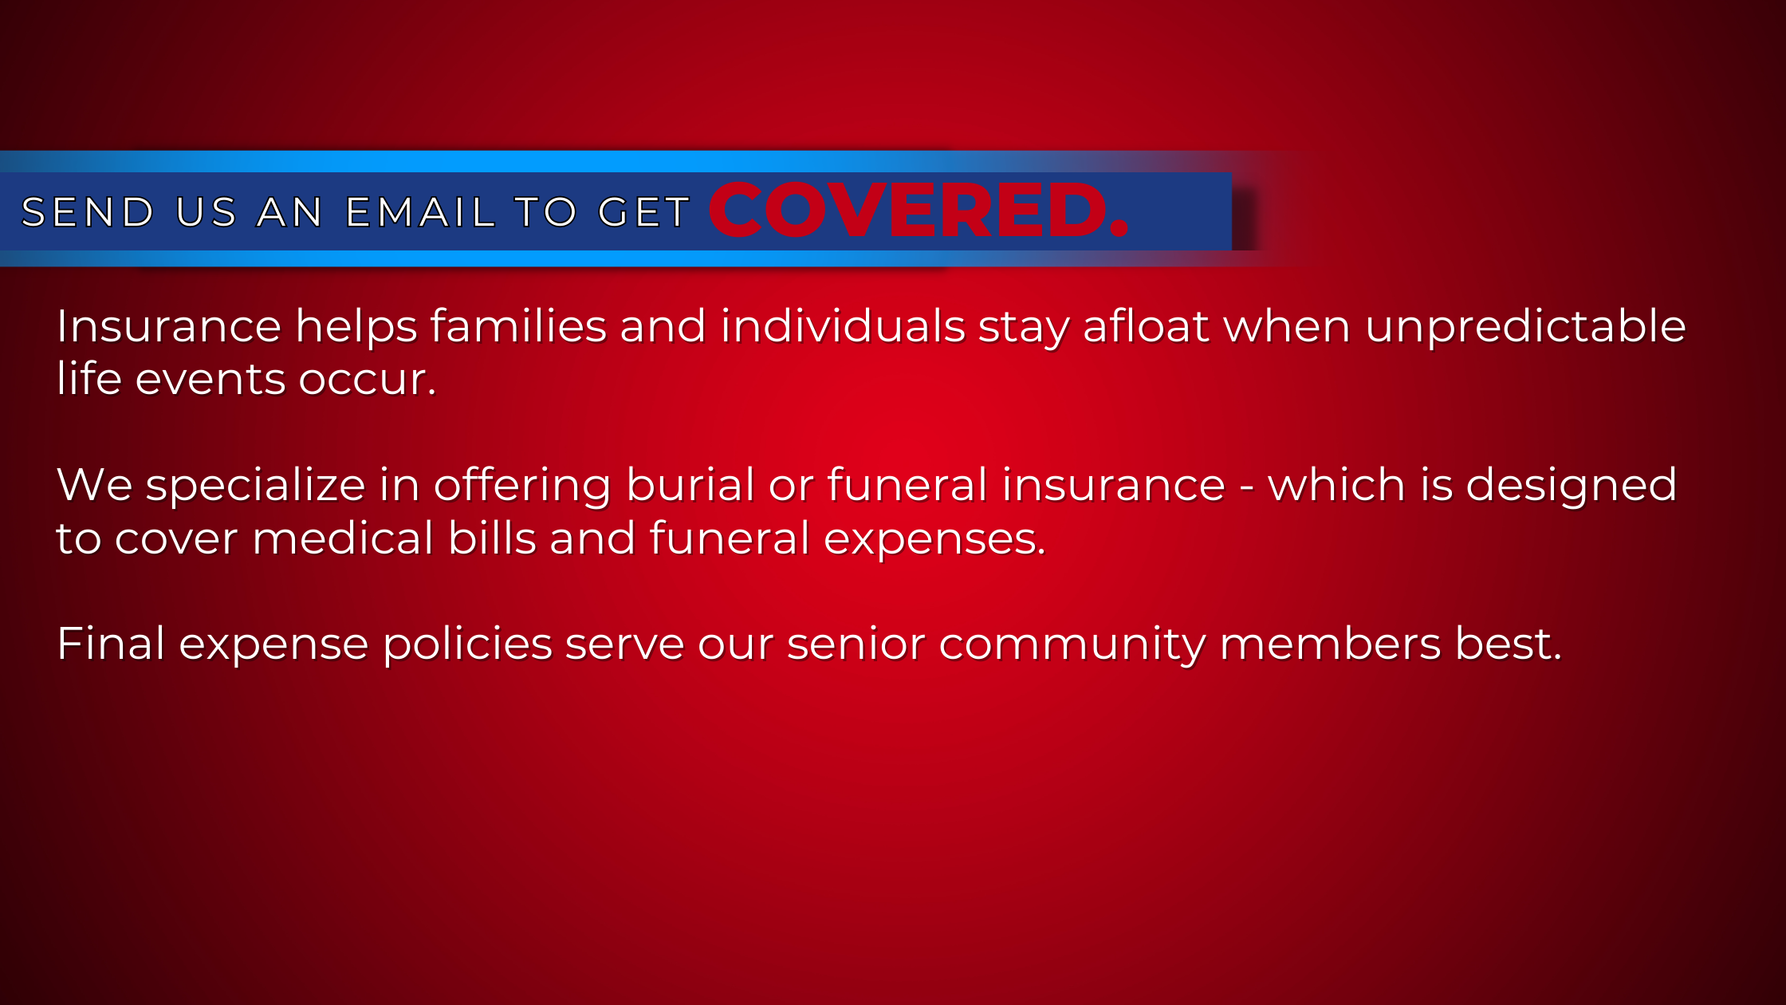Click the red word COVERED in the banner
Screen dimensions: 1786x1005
[908, 210]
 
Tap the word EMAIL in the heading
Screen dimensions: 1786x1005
[420, 212]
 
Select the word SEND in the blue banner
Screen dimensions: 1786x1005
[88, 212]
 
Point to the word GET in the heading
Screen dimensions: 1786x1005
[644, 212]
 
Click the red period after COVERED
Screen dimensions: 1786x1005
[1119, 229]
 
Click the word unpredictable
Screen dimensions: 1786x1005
[1525, 327]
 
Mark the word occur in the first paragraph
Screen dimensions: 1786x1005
[361, 380]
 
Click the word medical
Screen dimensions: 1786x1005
[343, 538]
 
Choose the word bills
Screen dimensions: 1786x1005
[492, 538]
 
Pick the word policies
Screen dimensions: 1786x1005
[467, 645]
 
